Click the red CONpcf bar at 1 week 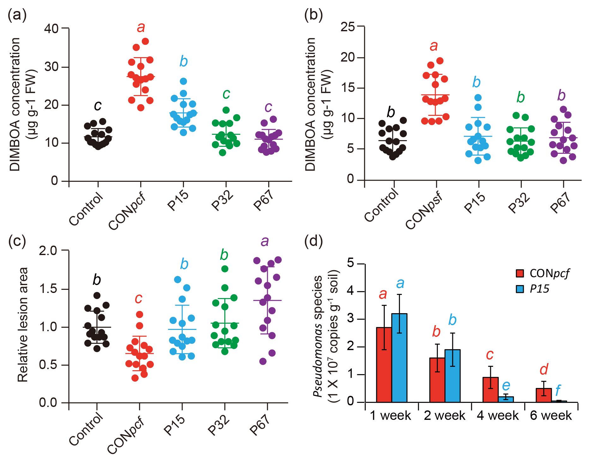point(384,365)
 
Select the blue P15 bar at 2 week point(452,376)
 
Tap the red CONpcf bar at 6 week point(544,395)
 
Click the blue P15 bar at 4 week point(506,399)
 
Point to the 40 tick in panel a point(51,29)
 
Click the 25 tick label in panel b point(347,27)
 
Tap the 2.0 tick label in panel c point(48,251)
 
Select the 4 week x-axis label point(497,415)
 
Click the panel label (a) point(17,15)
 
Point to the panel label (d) point(313,241)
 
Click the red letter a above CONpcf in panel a point(141,27)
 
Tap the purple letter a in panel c point(265,241)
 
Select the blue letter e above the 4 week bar point(506,385)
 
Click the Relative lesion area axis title point(23,325)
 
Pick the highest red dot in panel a point(145,41)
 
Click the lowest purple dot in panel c point(263,361)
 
